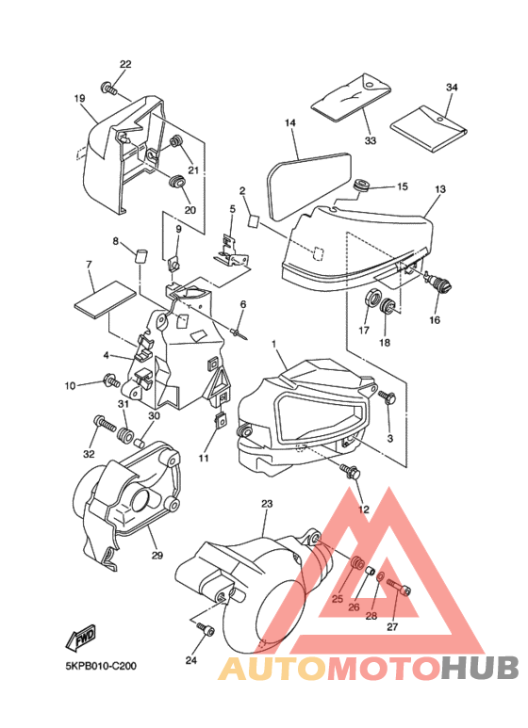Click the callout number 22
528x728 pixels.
pyautogui.click(x=125, y=65)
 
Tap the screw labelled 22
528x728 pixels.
pyautogui.click(x=108, y=88)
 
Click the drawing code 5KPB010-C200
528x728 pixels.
pyautogui.click(x=101, y=666)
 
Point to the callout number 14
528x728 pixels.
pyautogui.click(x=290, y=123)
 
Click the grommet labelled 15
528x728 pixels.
pyautogui.click(x=361, y=185)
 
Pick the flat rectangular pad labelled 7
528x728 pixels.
pyautogui.click(x=106, y=299)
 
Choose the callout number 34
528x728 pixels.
pyautogui.click(x=452, y=88)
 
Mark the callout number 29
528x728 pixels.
pyautogui.click(x=157, y=555)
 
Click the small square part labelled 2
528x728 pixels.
pyautogui.click(x=254, y=220)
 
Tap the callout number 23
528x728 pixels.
pyautogui.click(x=267, y=504)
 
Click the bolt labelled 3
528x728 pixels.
pyautogui.click(x=387, y=397)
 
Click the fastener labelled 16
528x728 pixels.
pyautogui.click(x=439, y=281)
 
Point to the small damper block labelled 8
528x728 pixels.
pyautogui.click(x=140, y=256)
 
